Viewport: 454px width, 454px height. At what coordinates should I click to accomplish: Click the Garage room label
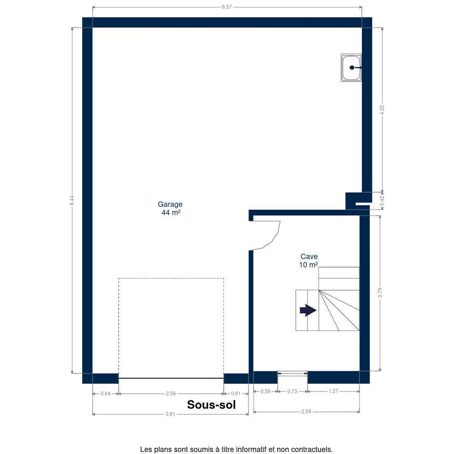170,208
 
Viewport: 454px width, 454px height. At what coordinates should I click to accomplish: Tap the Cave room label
309,261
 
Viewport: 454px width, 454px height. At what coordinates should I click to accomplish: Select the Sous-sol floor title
211,405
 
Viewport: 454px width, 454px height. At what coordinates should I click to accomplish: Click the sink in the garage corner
351,68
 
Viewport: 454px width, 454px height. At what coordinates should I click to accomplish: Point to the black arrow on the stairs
308,310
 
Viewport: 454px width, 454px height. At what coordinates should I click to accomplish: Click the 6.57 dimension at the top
227,7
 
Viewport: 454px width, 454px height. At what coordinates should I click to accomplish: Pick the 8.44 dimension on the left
72,200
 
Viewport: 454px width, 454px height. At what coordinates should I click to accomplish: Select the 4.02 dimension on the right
382,110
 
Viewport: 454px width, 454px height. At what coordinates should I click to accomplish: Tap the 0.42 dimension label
382,201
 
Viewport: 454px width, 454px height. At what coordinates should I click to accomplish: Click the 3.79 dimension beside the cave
380,293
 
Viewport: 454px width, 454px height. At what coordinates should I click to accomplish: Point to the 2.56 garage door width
171,394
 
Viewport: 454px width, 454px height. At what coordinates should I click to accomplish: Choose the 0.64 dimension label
105,394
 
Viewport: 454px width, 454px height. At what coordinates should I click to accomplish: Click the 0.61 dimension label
236,394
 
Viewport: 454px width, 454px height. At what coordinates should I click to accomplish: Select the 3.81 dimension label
170,414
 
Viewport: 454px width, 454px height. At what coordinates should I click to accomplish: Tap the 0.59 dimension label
266,391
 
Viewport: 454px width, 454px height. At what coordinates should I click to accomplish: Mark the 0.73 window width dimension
292,391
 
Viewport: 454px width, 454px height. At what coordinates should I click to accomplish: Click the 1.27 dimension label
333,391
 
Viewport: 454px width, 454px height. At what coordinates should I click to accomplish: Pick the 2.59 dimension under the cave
306,411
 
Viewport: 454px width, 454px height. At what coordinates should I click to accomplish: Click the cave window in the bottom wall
292,373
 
